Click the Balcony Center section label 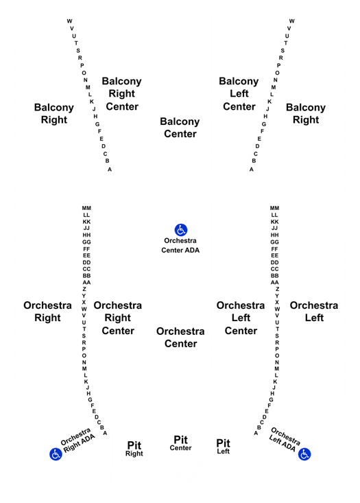(x=180, y=128)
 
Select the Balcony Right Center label (x=122, y=94)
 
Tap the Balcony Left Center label (x=239, y=94)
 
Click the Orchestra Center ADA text (x=180, y=246)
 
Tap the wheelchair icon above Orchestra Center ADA (x=181, y=230)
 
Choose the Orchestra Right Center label (x=118, y=318)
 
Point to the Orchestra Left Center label (x=241, y=318)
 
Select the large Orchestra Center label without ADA (x=180, y=338)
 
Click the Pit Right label (x=134, y=449)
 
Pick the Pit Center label (x=180, y=443)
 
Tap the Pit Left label (x=223, y=447)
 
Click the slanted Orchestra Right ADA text (x=77, y=440)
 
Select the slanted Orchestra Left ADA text (x=285, y=439)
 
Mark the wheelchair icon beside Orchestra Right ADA (x=56, y=454)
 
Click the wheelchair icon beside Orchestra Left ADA (x=304, y=454)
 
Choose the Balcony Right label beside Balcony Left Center (x=306, y=113)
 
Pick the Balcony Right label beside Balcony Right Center (x=54, y=113)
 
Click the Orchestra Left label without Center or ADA (x=314, y=312)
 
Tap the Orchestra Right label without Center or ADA (x=47, y=312)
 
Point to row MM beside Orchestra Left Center (x=274, y=208)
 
